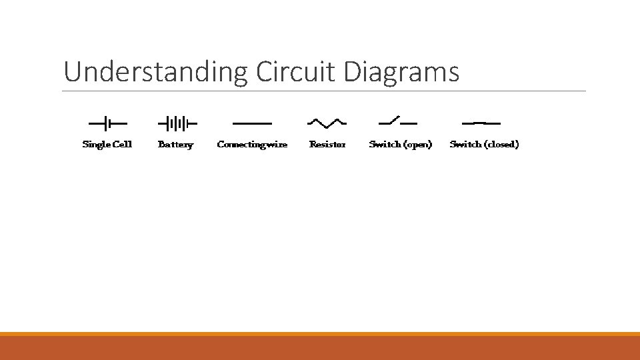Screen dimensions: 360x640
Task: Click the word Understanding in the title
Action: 155,72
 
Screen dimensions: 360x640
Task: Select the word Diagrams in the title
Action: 401,72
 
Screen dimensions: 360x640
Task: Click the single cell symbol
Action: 107,123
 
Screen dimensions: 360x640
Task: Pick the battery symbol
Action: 177,123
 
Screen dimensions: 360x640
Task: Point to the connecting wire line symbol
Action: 252,123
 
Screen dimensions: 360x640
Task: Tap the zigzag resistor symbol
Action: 327,123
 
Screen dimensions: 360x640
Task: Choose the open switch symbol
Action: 398,122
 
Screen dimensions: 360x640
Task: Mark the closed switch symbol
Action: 481,123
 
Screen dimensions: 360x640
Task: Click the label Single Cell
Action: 107,144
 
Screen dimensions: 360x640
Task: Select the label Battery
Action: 175,144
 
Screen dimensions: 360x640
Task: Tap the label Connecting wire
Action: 252,144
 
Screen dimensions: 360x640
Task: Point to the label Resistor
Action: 327,144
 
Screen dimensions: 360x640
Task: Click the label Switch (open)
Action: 400,144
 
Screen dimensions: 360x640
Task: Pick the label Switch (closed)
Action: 484,144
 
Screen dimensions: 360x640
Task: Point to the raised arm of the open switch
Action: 393,120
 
